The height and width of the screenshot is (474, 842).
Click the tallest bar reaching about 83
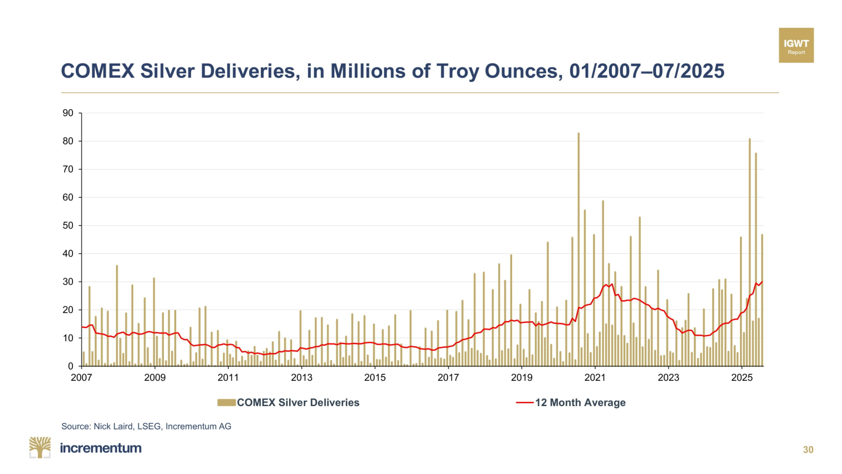point(578,251)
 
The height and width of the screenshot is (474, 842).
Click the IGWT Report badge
point(796,46)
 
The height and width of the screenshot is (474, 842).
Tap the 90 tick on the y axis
point(68,113)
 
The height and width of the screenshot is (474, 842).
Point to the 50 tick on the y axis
point(68,225)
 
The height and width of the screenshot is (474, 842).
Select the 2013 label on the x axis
point(301,378)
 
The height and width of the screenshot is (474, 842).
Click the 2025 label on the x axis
point(742,378)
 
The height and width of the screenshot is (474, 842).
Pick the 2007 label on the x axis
point(81,378)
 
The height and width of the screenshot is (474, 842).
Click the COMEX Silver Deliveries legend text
point(298,403)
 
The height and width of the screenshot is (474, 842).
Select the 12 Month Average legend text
point(580,403)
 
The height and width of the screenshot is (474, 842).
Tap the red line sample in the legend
point(524,403)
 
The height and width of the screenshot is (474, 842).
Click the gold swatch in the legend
point(226,403)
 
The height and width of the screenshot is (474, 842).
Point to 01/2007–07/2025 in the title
point(647,71)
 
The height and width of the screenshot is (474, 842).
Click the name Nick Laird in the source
point(113,427)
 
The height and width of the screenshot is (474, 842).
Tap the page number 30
point(808,450)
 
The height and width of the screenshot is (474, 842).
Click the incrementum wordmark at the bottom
point(101,448)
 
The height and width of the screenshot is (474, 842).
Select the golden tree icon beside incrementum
point(40,447)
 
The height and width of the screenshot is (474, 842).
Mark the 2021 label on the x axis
point(595,378)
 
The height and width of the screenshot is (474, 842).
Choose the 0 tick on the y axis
point(71,366)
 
